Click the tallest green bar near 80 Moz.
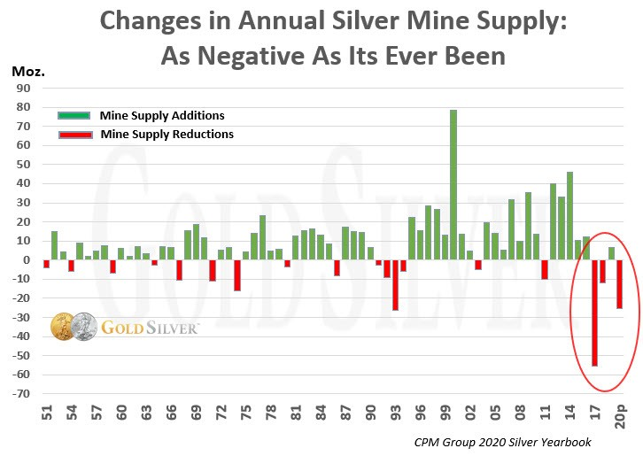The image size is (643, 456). tap(453, 185)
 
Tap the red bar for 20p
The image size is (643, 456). tap(619, 284)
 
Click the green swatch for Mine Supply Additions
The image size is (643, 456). tap(74, 116)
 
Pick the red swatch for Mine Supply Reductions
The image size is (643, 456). tap(74, 135)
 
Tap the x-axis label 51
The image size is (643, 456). tap(46, 413)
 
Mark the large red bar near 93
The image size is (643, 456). tap(395, 285)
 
